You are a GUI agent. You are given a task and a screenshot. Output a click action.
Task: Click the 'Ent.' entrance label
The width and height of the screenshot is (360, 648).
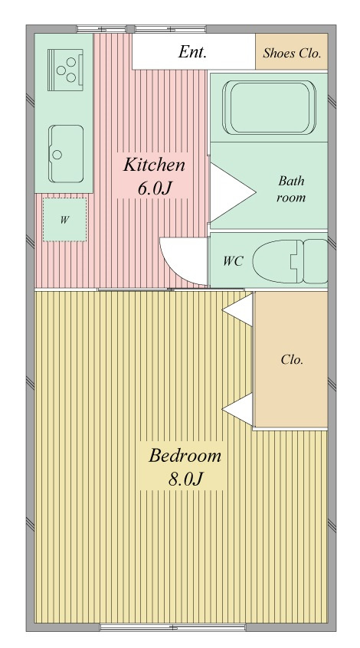click(x=192, y=52)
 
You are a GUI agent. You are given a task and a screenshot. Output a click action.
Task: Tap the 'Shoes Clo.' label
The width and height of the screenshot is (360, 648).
click(x=292, y=54)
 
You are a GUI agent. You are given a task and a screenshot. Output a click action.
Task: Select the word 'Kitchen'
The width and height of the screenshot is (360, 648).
click(x=154, y=165)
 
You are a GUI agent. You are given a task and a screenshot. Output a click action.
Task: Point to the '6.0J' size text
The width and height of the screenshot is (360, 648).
click(x=154, y=188)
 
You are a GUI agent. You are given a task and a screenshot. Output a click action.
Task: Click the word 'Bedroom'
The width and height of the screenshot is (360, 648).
click(x=185, y=456)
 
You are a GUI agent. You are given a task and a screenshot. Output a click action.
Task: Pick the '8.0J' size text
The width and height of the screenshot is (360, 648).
click(x=185, y=479)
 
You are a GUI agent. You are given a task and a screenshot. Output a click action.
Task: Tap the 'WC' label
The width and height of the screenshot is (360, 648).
click(x=233, y=261)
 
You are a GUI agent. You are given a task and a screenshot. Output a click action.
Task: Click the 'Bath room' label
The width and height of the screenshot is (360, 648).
click(x=291, y=189)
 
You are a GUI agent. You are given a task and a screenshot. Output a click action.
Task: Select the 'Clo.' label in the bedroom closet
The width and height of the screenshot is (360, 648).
click(x=292, y=359)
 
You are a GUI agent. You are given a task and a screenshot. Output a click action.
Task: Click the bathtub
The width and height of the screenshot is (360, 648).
click(x=269, y=107)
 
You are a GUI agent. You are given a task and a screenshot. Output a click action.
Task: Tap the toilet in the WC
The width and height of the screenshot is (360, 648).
click(x=290, y=261)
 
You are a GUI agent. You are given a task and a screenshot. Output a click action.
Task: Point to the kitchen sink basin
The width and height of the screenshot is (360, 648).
click(x=66, y=154)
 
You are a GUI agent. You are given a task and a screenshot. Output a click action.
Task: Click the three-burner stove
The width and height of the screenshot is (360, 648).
click(x=65, y=70)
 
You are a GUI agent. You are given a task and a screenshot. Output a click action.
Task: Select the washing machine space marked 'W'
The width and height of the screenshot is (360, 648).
click(x=64, y=219)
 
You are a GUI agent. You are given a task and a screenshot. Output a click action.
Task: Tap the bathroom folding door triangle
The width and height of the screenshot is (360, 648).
click(x=231, y=192)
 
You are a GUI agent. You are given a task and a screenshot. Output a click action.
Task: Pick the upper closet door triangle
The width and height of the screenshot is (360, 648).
click(x=238, y=309)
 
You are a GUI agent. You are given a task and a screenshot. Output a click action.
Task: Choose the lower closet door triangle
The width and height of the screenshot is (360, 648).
click(x=238, y=409)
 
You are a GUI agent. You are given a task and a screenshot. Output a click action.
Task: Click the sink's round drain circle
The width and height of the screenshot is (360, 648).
click(x=57, y=155)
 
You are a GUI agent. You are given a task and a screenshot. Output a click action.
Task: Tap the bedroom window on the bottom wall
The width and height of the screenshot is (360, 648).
click(x=173, y=627)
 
